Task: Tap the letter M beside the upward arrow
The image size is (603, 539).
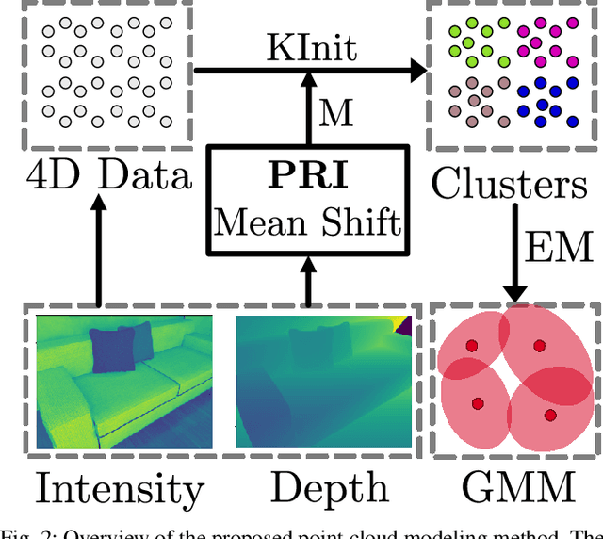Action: (x=335, y=115)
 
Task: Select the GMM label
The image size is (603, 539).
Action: (x=517, y=487)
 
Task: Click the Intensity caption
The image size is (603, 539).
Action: (x=119, y=488)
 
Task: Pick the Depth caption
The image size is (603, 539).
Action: (x=330, y=487)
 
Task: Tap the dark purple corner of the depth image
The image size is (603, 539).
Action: (x=402, y=325)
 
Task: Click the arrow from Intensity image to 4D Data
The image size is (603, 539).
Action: (x=98, y=250)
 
